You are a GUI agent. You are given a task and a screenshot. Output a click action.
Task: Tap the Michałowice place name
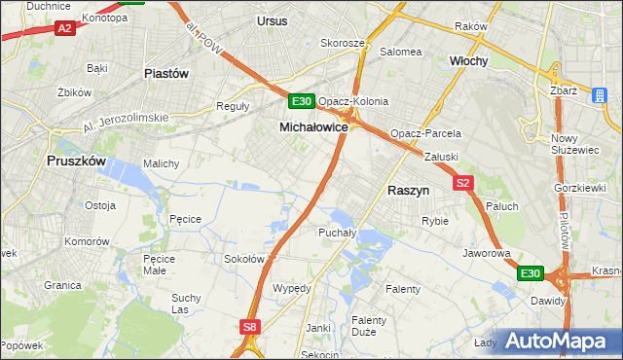point(313,127)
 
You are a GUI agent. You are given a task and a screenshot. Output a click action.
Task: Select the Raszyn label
point(409,192)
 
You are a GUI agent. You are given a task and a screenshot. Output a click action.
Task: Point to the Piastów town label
point(165,73)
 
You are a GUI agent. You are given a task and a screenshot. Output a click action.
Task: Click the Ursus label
point(274,20)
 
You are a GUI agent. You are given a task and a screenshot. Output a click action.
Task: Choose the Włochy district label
point(468,60)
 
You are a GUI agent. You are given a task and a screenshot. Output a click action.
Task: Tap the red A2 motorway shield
point(64,29)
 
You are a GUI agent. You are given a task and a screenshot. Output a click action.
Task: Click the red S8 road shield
point(250,328)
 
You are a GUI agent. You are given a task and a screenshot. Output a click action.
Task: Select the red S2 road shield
point(462,182)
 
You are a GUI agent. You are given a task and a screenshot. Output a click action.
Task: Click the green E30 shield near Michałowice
point(301,101)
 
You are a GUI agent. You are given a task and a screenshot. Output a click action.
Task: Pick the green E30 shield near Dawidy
point(530,274)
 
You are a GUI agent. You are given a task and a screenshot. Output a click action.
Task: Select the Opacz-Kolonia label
point(353,101)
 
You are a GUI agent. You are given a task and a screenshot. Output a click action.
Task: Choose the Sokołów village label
point(244,259)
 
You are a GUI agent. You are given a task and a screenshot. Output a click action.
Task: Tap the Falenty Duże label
point(369,326)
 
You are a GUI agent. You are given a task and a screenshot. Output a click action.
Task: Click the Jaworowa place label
point(487,253)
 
